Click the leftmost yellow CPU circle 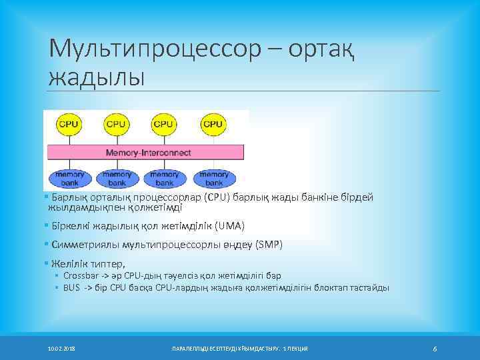click(x=69, y=124)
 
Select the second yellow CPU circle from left click(x=116, y=124)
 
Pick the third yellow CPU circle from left click(x=164, y=124)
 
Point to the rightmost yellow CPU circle click(x=212, y=124)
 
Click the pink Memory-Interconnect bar click(x=147, y=153)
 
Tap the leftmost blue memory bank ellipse click(x=69, y=179)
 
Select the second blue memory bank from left click(x=117, y=179)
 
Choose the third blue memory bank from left click(x=164, y=179)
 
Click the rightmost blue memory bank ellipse click(x=212, y=179)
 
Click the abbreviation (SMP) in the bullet click(x=267, y=245)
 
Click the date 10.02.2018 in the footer click(x=61, y=349)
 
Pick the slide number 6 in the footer click(x=434, y=349)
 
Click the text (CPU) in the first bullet click(x=217, y=197)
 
